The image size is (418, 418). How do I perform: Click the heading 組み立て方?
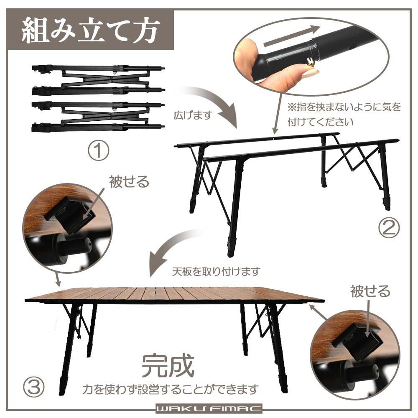tap(90, 31)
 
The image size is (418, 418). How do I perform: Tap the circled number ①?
tap(98, 151)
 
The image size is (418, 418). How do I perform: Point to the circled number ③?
tap(33, 387)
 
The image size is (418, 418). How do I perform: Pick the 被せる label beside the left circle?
tap(128, 182)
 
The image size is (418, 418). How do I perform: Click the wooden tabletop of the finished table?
tap(176, 295)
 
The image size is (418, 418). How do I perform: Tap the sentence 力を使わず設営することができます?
tap(169, 390)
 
